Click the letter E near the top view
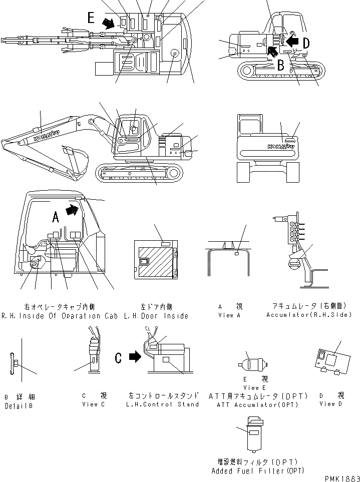[91, 18]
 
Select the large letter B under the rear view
[281, 64]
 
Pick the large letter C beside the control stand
[118, 357]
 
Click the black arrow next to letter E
[107, 22]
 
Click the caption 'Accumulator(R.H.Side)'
[308, 315]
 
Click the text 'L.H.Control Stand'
[163, 404]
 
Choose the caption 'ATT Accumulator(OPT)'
[257, 404]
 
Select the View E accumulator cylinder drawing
[254, 364]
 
